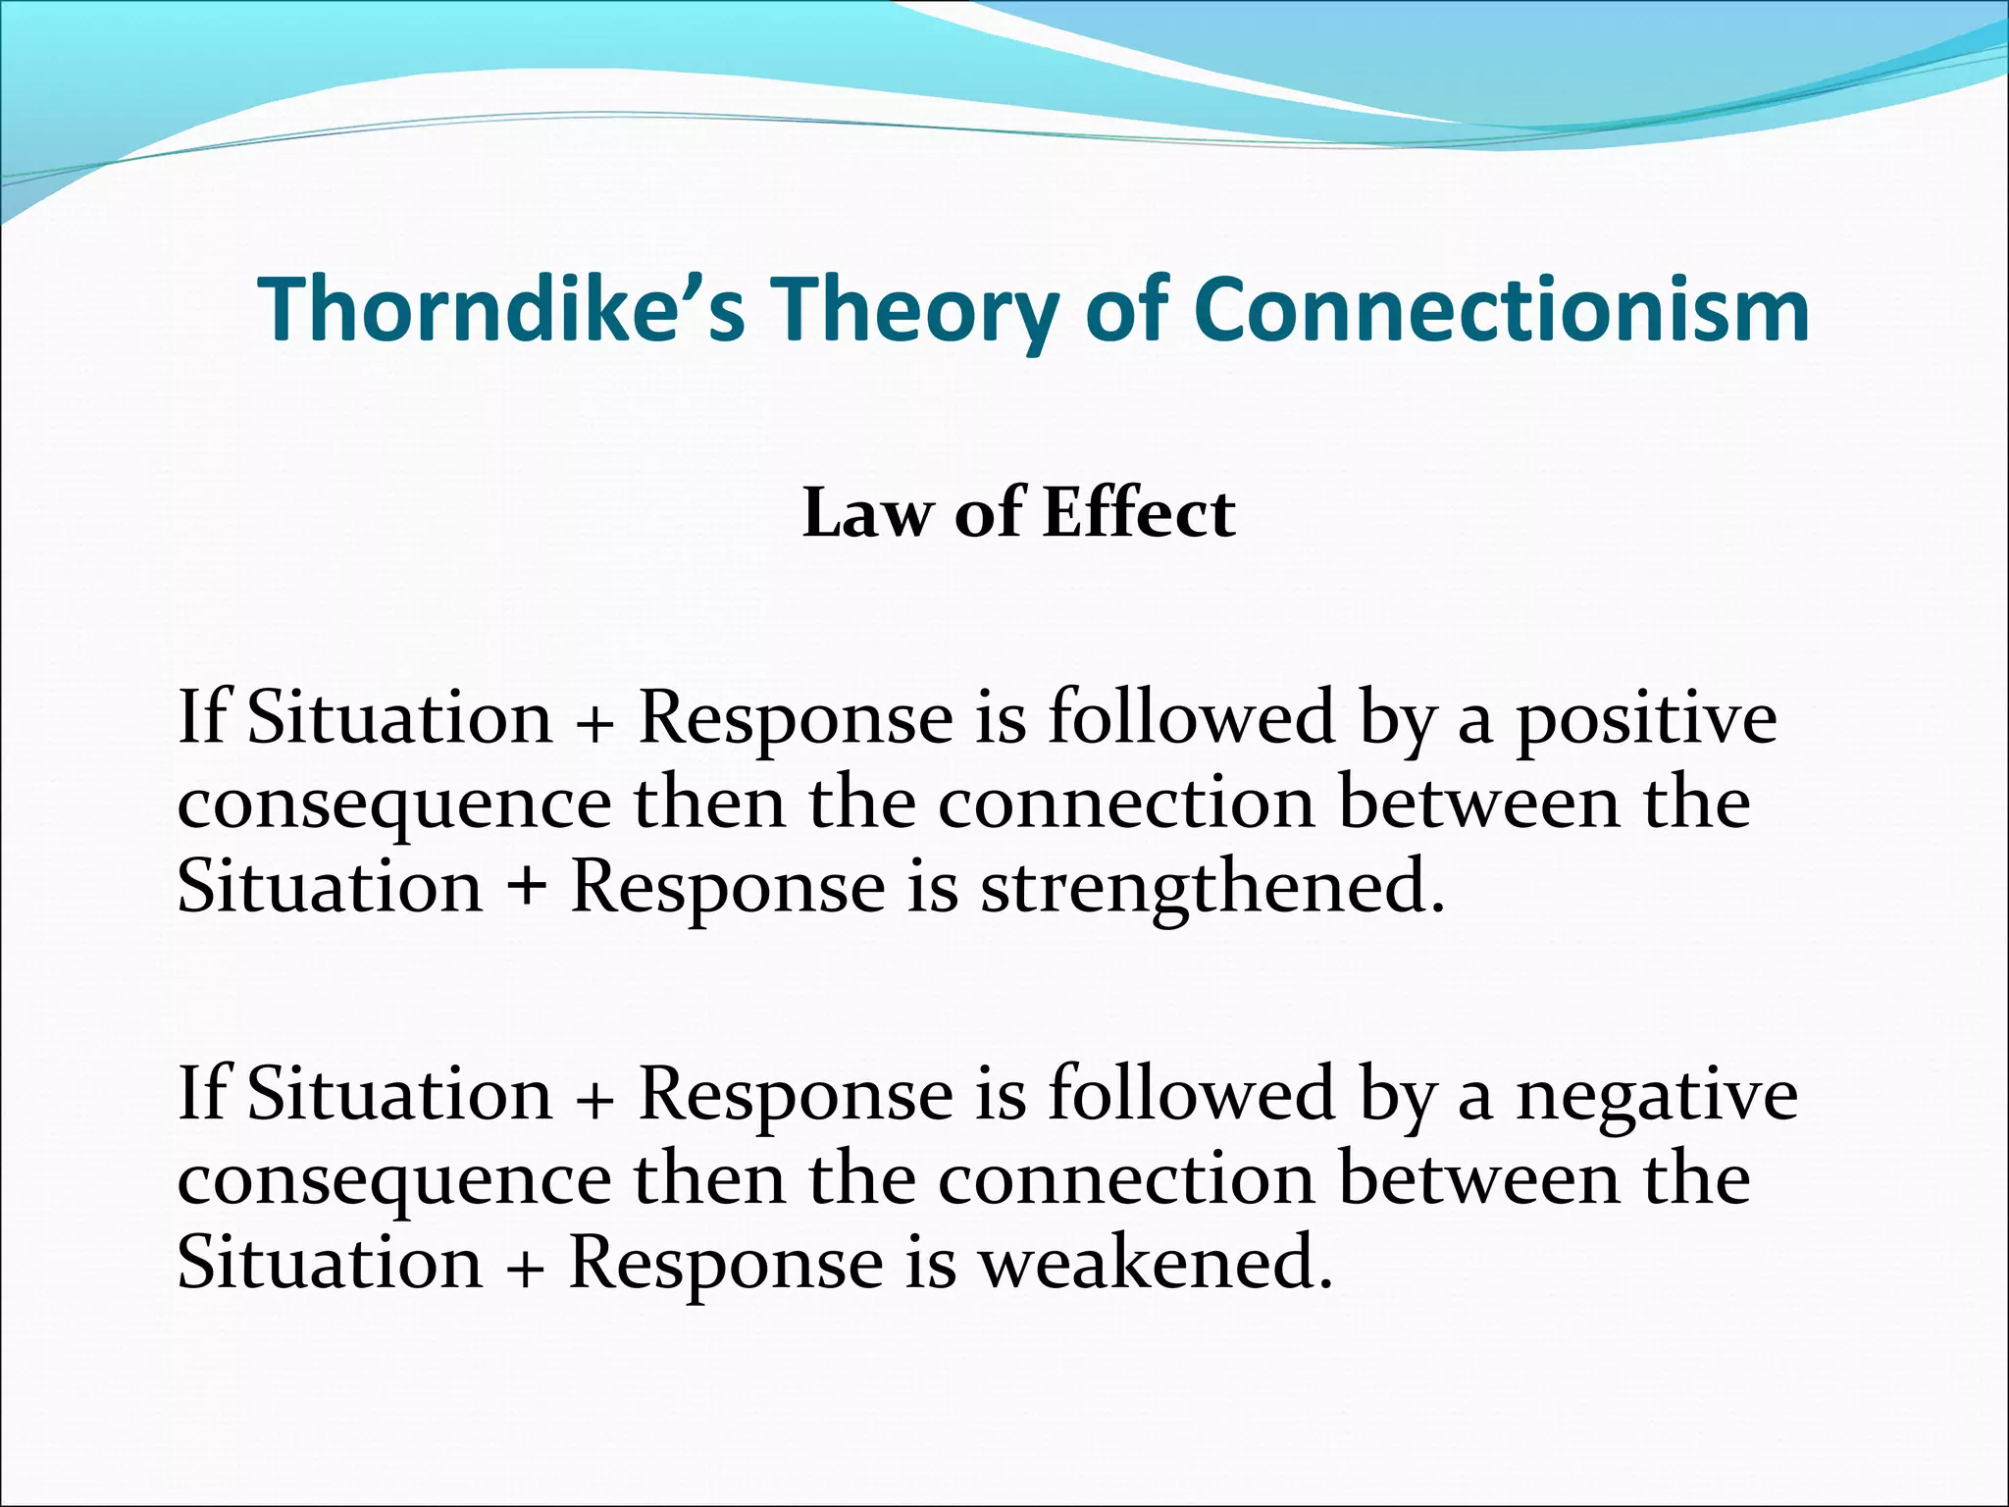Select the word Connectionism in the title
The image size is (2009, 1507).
(1501, 309)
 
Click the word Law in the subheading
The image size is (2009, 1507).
(864, 514)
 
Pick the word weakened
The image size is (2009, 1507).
(1157, 1264)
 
